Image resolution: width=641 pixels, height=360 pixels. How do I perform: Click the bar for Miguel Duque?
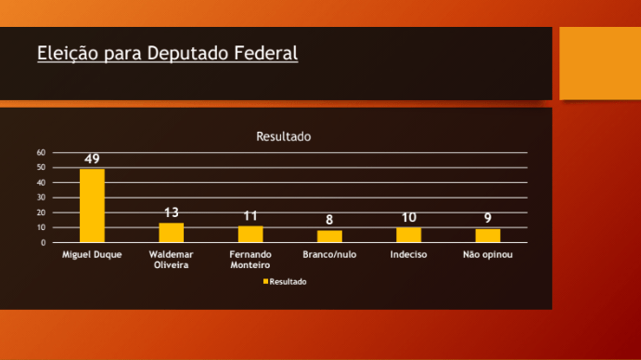tap(92, 206)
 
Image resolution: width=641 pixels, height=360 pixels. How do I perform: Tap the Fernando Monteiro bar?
tap(250, 234)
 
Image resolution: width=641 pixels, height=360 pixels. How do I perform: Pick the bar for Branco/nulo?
tap(329, 237)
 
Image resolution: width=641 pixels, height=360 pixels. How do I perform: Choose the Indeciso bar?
tap(409, 235)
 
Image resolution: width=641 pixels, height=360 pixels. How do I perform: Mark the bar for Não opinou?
tap(488, 236)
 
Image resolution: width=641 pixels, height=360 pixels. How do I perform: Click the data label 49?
tap(92, 159)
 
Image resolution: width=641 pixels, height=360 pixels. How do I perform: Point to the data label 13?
tap(172, 213)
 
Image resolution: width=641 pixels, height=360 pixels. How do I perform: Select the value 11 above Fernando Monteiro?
tap(250, 216)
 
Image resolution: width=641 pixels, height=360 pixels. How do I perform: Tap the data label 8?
tap(329, 221)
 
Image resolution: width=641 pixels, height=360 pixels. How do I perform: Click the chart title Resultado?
tap(283, 136)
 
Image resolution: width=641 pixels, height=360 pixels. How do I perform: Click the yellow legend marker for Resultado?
tap(265, 281)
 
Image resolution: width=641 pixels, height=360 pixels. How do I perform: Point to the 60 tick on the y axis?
tap(42, 152)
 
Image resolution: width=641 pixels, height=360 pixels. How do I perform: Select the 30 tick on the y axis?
tap(42, 198)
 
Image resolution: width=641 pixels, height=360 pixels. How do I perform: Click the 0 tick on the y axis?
tap(44, 243)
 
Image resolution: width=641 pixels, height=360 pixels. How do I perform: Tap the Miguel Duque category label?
tap(92, 254)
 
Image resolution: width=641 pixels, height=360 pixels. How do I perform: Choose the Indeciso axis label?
tap(409, 254)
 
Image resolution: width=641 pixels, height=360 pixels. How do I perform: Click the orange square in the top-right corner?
tap(600, 62)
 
